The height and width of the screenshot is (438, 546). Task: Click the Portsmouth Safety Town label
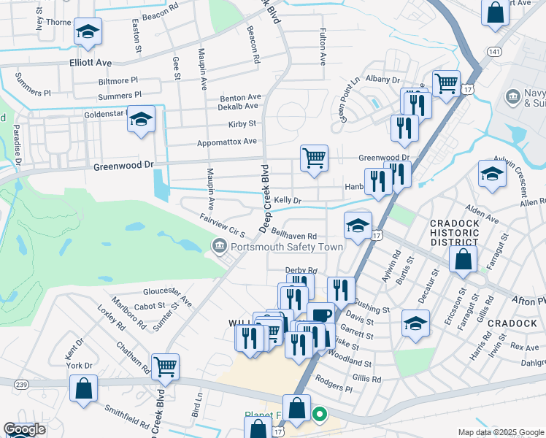click(x=286, y=247)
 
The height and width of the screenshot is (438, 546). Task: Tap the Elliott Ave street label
click(x=91, y=63)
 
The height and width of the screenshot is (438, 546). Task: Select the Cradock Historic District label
click(x=454, y=233)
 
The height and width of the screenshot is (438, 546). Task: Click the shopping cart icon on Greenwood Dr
click(x=314, y=158)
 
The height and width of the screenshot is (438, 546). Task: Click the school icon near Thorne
click(x=88, y=31)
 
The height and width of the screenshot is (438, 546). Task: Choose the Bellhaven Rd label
click(x=293, y=237)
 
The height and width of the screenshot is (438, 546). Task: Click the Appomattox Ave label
click(x=227, y=141)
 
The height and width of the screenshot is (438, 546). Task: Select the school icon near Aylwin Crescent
click(x=492, y=174)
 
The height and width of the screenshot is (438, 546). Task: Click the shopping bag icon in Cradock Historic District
click(x=463, y=259)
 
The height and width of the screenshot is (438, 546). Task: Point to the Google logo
click(x=24, y=430)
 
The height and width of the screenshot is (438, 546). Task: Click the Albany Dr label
click(x=383, y=79)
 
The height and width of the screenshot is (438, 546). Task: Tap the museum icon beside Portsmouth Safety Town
click(x=218, y=247)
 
